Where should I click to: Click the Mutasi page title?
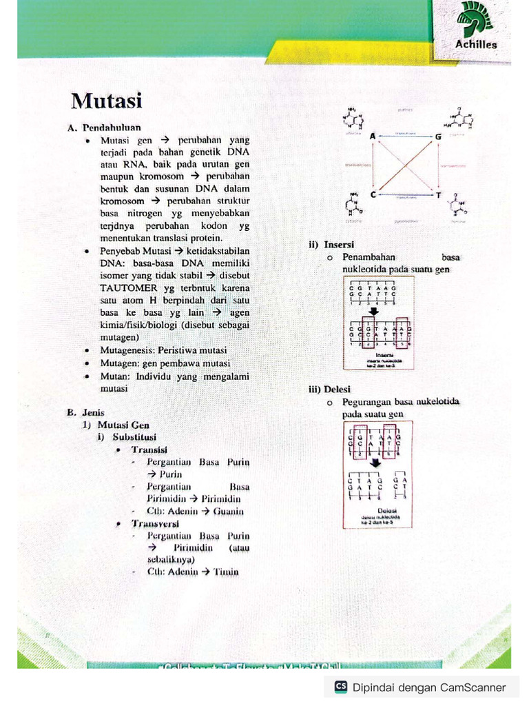pyautogui.click(x=106, y=102)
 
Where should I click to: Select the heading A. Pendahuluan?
pyautogui.click(x=104, y=128)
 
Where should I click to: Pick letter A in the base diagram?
pyautogui.click(x=373, y=137)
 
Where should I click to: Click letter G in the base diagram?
pyautogui.click(x=437, y=137)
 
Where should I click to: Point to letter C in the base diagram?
pyautogui.click(x=373, y=194)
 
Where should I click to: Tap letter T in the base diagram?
pyautogui.click(x=437, y=194)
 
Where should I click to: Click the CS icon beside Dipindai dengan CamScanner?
pyautogui.click(x=341, y=687)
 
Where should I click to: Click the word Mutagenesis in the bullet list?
pyautogui.click(x=127, y=350)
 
